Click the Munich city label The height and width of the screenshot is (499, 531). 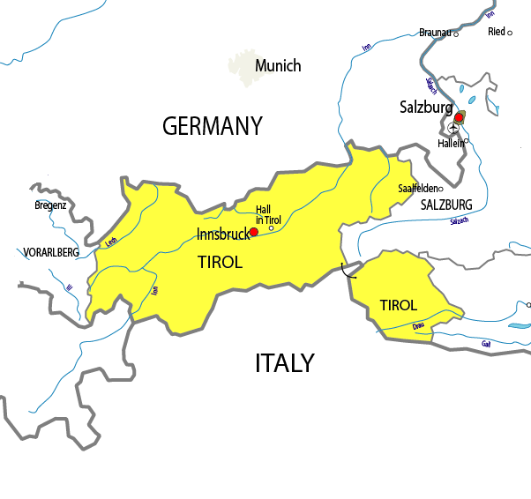pyautogui.click(x=278, y=66)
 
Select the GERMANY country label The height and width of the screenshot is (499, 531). pyautogui.click(x=213, y=126)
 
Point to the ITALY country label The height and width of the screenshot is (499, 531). pyautogui.click(x=284, y=363)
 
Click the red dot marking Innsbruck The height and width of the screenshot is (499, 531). pyautogui.click(x=254, y=232)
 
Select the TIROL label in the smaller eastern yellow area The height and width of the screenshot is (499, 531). pyautogui.click(x=398, y=305)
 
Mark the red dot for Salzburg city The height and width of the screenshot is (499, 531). pyautogui.click(x=459, y=117)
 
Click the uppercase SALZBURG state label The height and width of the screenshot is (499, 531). pyautogui.click(x=446, y=205)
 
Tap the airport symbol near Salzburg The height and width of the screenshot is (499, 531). pyautogui.click(x=453, y=128)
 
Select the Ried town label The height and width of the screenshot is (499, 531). pyautogui.click(x=497, y=32)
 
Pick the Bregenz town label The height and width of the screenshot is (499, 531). pyautogui.click(x=50, y=205)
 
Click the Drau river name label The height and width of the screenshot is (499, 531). pyautogui.click(x=418, y=327)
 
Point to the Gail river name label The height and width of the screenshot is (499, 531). pyautogui.click(x=486, y=343)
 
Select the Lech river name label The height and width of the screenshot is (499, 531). pyautogui.click(x=110, y=241)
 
